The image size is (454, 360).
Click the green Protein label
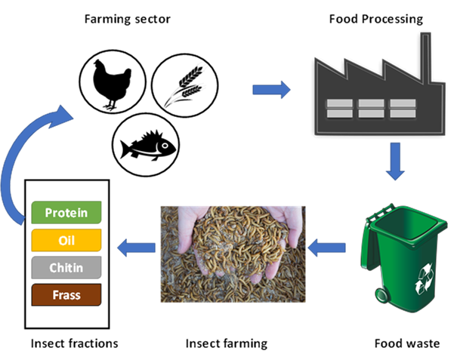(66, 213)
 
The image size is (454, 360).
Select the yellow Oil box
(66, 240)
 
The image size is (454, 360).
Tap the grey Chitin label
(66, 267)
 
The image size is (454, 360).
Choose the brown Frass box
(66, 294)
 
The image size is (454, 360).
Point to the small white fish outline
(151, 149)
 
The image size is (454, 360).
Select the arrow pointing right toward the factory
(271, 91)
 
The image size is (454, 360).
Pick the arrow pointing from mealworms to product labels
(136, 245)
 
